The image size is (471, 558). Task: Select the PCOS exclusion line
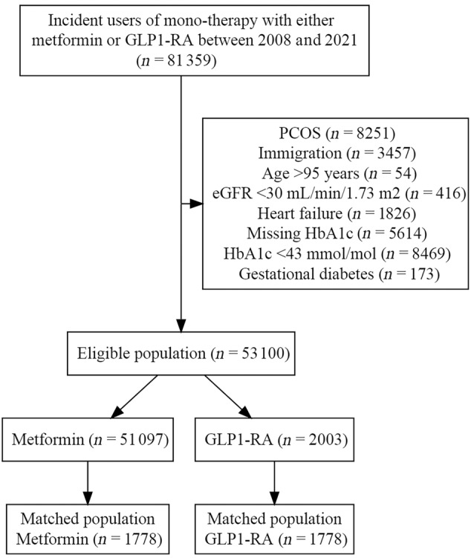click(337, 133)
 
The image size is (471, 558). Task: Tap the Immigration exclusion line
click(337, 153)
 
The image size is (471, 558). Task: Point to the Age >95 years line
click(339, 173)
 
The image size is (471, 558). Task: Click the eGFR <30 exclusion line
click(339, 193)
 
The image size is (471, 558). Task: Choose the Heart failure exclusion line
click(337, 213)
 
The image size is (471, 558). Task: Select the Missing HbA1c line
click(337, 233)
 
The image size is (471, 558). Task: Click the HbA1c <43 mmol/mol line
click(337, 253)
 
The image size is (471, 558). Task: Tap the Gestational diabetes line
click(339, 274)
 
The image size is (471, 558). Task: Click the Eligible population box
click(181, 354)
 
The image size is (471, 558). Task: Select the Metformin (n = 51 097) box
click(88, 440)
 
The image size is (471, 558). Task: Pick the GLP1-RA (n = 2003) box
click(275, 440)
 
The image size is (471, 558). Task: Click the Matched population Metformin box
click(88, 529)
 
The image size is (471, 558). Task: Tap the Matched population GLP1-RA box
click(275, 529)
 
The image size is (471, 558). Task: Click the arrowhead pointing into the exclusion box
click(195, 204)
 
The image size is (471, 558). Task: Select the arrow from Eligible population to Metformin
click(134, 397)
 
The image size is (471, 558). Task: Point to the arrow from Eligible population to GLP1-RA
click(228, 397)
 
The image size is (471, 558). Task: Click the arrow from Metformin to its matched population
click(88, 483)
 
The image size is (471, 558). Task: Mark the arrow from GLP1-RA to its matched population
click(275, 483)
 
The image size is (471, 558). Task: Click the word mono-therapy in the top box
click(209, 21)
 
